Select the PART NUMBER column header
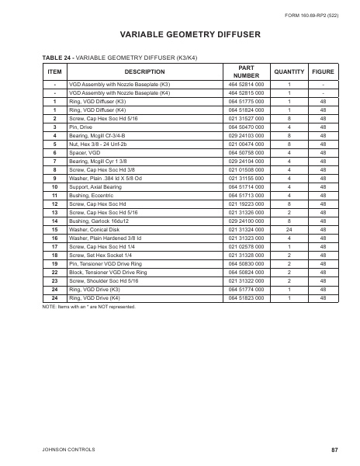click(x=242, y=71)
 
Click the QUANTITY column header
click(x=289, y=71)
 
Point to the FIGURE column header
click(x=323, y=71)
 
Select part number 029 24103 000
click(x=246, y=134)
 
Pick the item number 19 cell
click(x=54, y=265)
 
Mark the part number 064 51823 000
click(x=246, y=298)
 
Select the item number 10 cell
click(x=54, y=186)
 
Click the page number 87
click(x=334, y=449)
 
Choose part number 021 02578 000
click(x=246, y=247)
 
